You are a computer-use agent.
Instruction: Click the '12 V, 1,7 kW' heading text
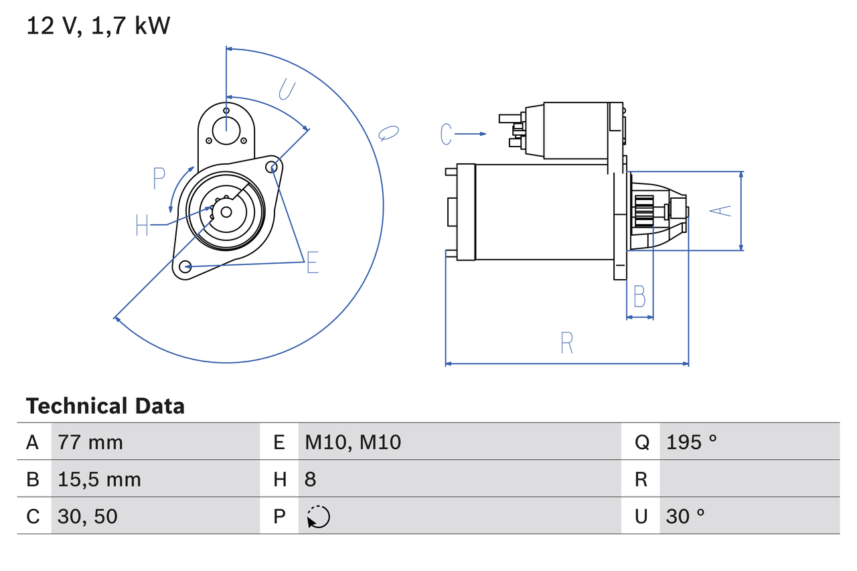tap(98, 25)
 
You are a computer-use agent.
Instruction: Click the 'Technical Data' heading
tap(105, 406)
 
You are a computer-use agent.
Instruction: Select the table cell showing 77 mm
tap(90, 442)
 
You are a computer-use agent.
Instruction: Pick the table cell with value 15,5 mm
tap(99, 479)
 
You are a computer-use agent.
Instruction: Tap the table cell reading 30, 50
tap(88, 516)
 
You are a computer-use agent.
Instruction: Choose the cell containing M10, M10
tap(353, 442)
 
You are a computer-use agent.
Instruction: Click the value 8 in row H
tap(311, 479)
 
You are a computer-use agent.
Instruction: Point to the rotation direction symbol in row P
tap(318, 517)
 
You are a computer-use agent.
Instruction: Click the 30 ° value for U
tap(686, 516)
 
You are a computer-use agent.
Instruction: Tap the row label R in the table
tap(641, 479)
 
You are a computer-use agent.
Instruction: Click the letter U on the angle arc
tap(287, 89)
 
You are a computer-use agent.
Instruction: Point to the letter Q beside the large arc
tap(388, 133)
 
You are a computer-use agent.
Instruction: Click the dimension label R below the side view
tap(566, 343)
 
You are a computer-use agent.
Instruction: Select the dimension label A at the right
tap(720, 211)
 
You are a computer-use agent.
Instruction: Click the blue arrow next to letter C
tap(471, 134)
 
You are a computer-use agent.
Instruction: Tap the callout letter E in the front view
tap(312, 263)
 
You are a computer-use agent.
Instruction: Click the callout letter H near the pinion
tap(142, 225)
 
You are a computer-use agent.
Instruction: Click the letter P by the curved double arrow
tap(159, 179)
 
